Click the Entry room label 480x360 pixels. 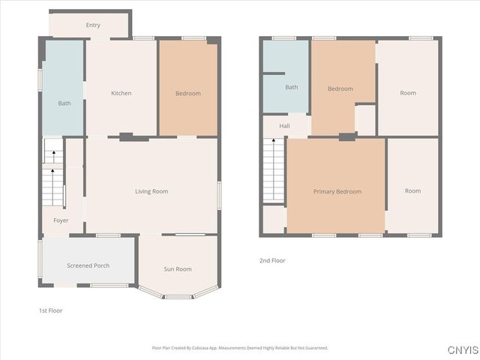[x=93, y=25]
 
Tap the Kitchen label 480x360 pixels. [x=121, y=93]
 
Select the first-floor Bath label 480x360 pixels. [x=64, y=103]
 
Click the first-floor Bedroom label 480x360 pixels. [x=188, y=93]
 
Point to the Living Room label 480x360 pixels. [x=151, y=191]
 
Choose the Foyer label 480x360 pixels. [x=61, y=220]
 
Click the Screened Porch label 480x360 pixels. [x=88, y=265]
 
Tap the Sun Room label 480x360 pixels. [x=178, y=269]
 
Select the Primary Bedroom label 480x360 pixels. [x=337, y=191]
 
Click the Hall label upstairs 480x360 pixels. [x=284, y=126]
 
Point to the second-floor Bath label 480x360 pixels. [x=291, y=87]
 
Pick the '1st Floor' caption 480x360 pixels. [x=50, y=310]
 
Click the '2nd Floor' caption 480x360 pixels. [x=271, y=261]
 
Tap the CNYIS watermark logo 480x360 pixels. [x=463, y=350]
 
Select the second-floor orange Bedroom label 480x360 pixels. [x=340, y=88]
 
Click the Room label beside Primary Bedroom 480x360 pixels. [x=412, y=190]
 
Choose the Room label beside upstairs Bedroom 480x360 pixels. [x=408, y=93]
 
